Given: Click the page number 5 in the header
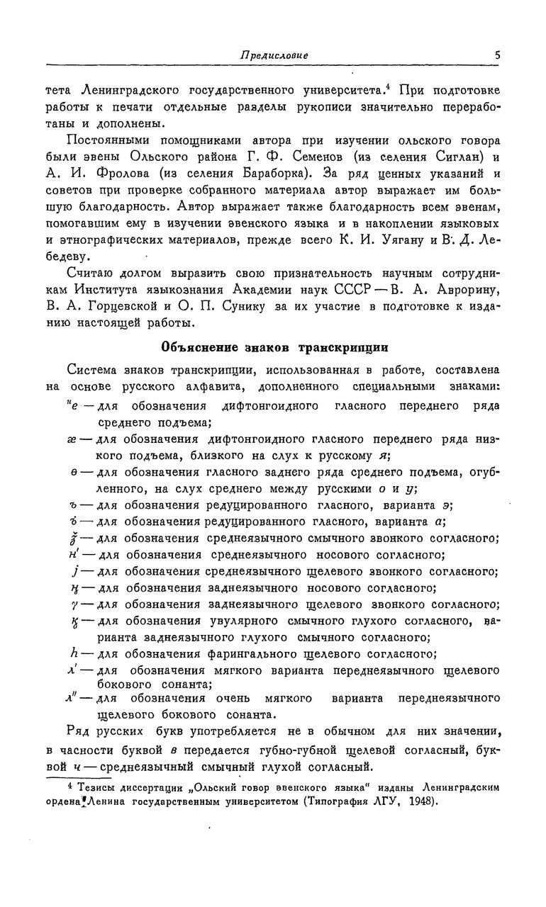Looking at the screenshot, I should [x=498, y=55].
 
